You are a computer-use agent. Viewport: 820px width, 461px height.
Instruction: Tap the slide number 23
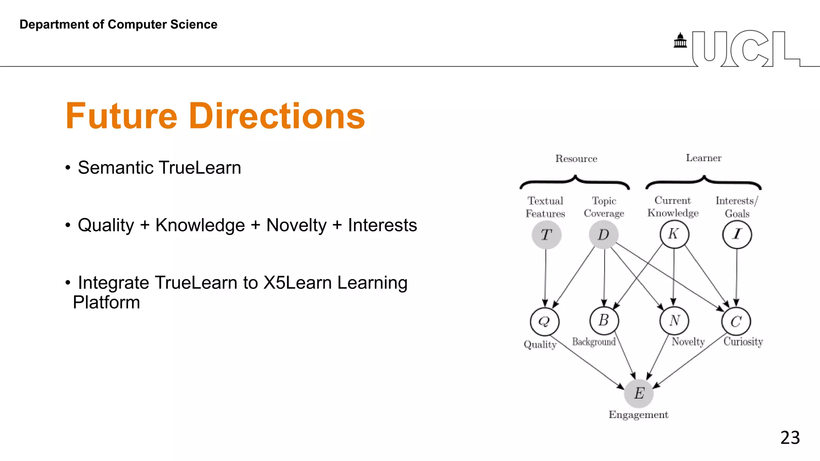pos(790,437)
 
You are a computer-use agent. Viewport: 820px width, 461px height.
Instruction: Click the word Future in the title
pos(121,116)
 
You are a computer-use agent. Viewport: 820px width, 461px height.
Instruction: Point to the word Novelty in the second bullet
pos(296,225)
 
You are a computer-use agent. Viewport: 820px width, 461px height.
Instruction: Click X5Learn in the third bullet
pos(297,283)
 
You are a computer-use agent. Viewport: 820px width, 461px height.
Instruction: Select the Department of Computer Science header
pos(119,24)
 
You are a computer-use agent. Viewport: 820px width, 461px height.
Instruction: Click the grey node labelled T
pos(546,235)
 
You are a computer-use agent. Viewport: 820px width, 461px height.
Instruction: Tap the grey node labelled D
pos(603,235)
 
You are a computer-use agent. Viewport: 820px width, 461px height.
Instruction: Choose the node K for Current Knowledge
pos(674,234)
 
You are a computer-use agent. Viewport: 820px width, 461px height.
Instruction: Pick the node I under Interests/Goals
pos(737,235)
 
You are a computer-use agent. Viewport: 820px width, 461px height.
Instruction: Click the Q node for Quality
pos(545,321)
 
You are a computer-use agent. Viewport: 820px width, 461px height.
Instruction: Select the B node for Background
pos(604,321)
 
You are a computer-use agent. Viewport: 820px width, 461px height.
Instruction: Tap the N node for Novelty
pos(674,321)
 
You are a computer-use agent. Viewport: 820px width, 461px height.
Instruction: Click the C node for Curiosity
pos(736,321)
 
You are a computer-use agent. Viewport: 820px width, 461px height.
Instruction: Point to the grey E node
pos(639,393)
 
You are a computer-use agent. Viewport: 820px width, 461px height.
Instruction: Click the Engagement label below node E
pos(638,415)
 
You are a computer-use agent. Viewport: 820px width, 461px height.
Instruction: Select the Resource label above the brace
pos(576,159)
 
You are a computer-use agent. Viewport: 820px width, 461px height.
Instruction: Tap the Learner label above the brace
pos(703,158)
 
